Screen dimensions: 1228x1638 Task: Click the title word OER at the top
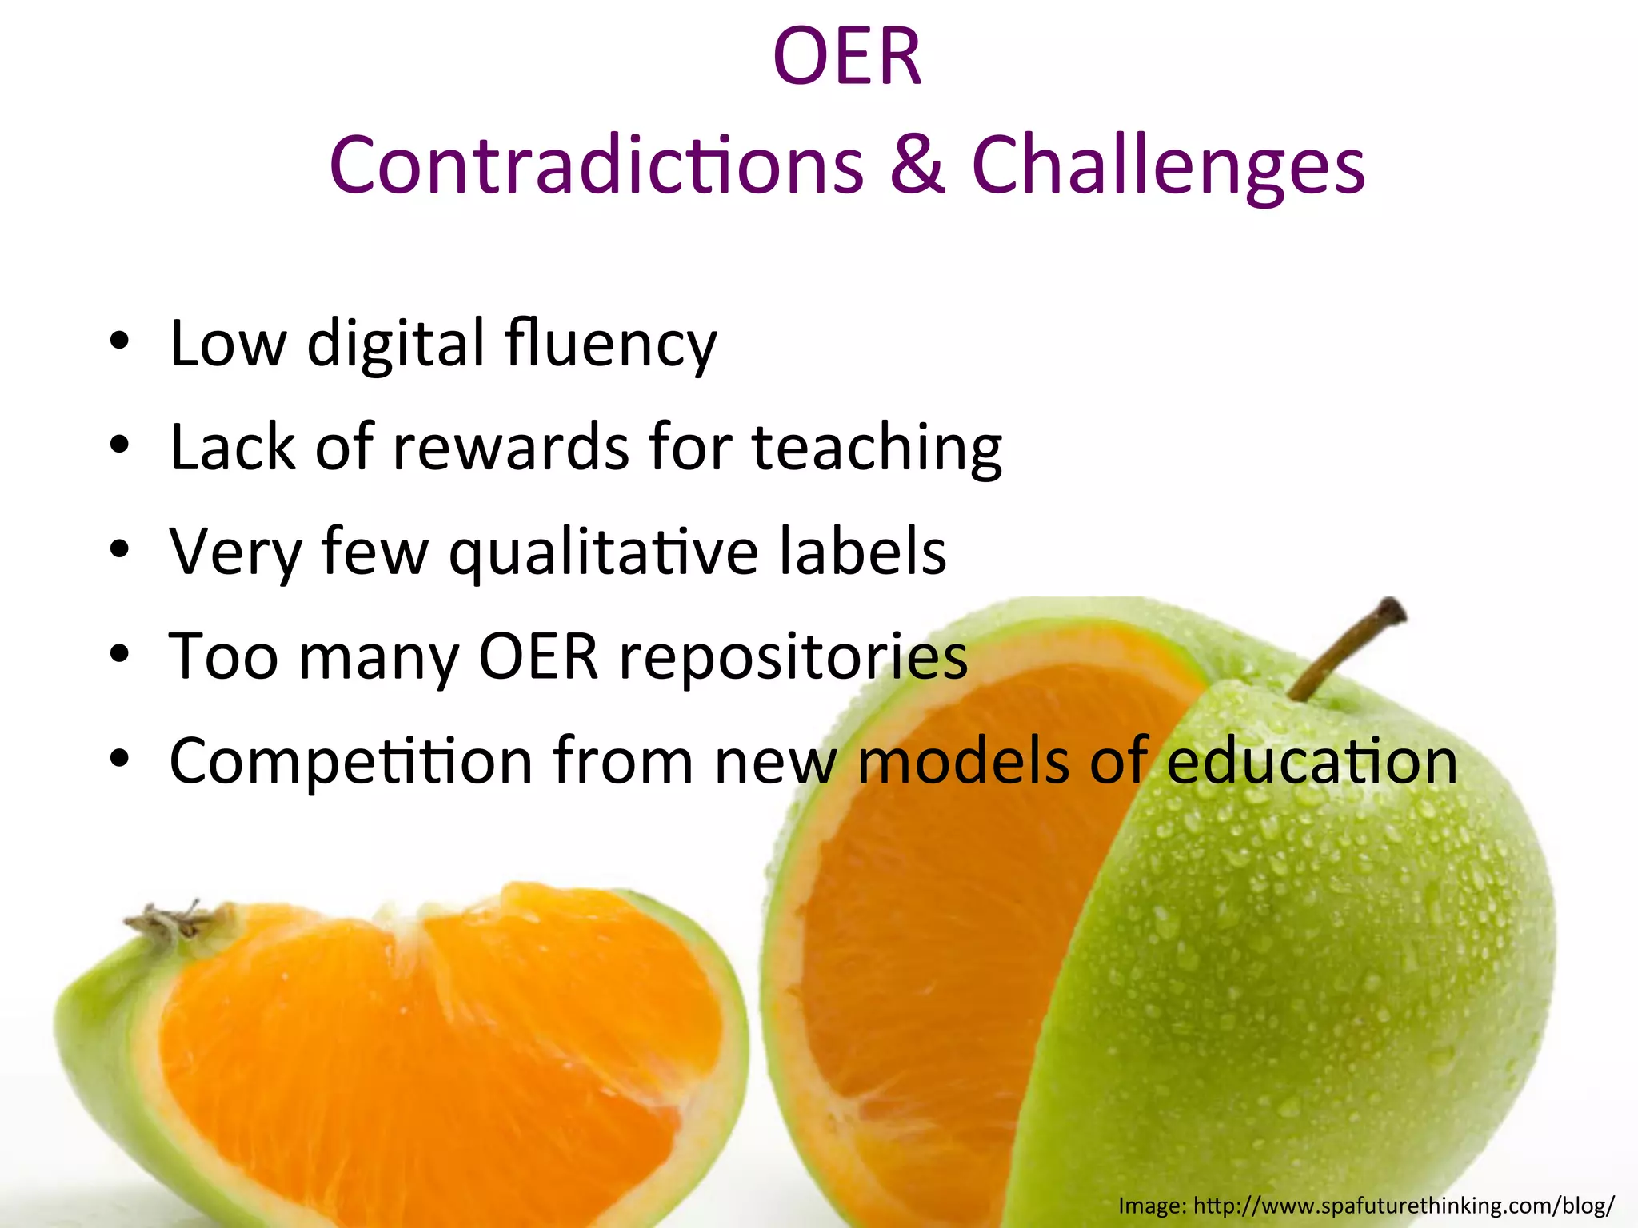click(x=847, y=58)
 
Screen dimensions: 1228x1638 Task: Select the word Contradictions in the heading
click(x=596, y=165)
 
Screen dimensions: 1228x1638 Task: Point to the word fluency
click(x=611, y=344)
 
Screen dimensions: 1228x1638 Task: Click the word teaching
click(x=877, y=448)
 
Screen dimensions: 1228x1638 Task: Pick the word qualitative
click(x=603, y=552)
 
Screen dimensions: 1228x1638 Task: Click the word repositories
click(x=793, y=656)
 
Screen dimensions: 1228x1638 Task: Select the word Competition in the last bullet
click(x=351, y=761)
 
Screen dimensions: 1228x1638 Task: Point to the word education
click(x=1312, y=761)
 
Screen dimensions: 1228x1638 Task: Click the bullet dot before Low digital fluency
click(x=120, y=342)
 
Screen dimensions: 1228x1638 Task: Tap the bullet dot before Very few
click(x=120, y=550)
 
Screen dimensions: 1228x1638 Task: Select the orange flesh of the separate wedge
click(x=432, y=1039)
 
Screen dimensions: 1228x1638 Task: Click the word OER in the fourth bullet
click(x=538, y=656)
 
